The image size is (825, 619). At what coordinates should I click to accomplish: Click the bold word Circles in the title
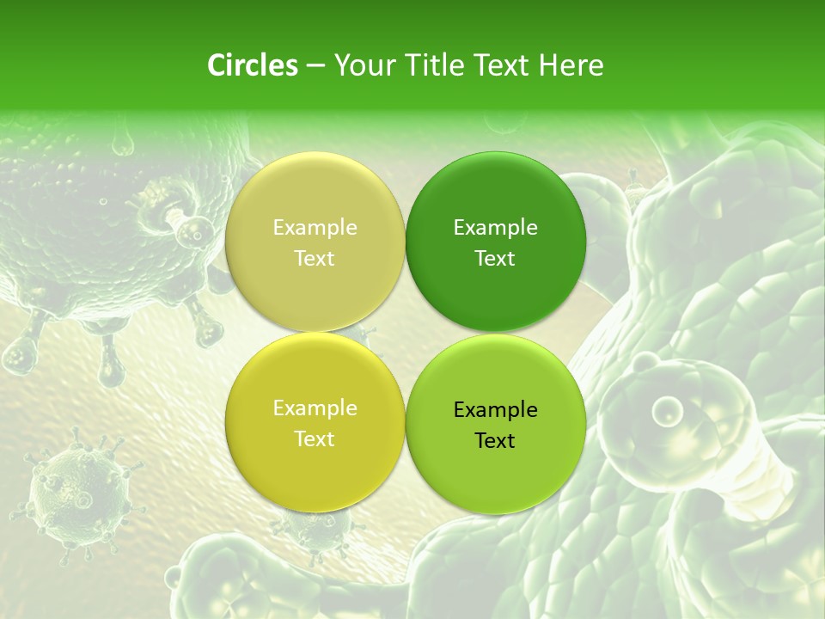(x=252, y=65)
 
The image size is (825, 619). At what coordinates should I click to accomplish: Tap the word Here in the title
(x=571, y=65)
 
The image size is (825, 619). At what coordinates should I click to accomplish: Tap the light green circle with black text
(x=495, y=473)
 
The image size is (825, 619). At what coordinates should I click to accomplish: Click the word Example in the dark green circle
(x=495, y=228)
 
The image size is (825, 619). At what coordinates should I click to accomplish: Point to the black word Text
(x=495, y=441)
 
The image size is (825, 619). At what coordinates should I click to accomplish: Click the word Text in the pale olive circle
(x=315, y=259)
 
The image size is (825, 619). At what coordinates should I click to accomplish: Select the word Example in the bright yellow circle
(x=315, y=408)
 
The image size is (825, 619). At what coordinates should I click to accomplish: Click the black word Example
(x=495, y=410)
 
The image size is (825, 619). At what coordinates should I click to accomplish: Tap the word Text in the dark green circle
(x=495, y=259)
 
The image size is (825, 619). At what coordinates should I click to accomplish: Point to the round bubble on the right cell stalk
(x=667, y=411)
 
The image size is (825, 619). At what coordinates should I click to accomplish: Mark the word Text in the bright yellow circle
(x=315, y=439)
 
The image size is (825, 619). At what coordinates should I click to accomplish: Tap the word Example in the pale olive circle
(x=315, y=228)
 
